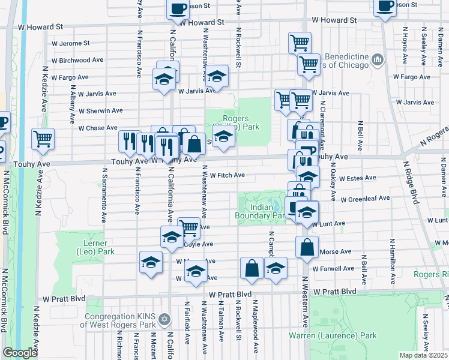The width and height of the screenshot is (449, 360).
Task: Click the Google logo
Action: pyautogui.click(x=20, y=353)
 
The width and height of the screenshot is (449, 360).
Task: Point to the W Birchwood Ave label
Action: pyautogui.click(x=79, y=61)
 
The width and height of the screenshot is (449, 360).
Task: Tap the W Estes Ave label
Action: pyautogui.click(x=357, y=178)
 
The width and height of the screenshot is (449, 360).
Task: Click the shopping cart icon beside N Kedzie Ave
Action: pyautogui.click(x=43, y=139)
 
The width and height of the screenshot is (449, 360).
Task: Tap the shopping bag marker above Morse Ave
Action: pyautogui.click(x=307, y=247)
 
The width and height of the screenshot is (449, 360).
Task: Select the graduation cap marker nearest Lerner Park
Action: pyautogui.click(x=151, y=262)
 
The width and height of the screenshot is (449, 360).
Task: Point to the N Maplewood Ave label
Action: pyautogui.click(x=256, y=327)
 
